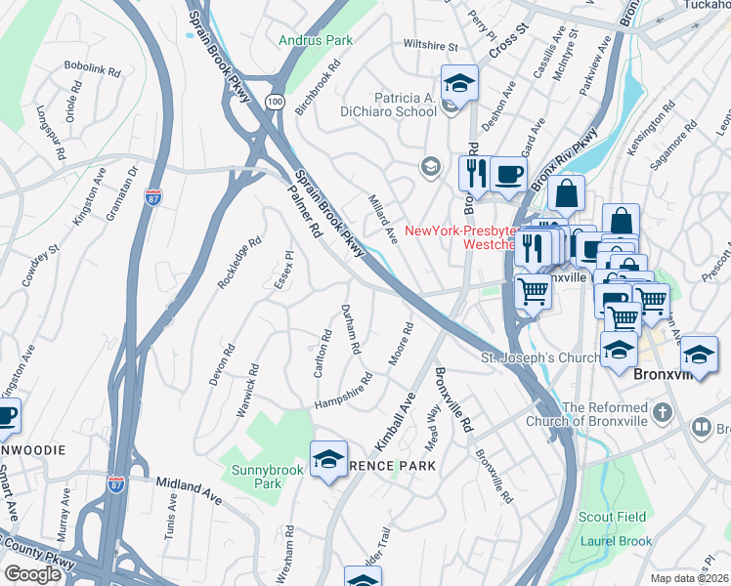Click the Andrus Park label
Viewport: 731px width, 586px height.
[x=314, y=41]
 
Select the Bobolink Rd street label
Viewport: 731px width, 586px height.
[x=92, y=71]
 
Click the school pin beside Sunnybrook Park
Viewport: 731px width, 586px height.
[x=329, y=458]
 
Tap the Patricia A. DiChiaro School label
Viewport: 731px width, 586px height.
[x=390, y=105]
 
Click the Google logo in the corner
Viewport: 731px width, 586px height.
[x=32, y=574]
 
